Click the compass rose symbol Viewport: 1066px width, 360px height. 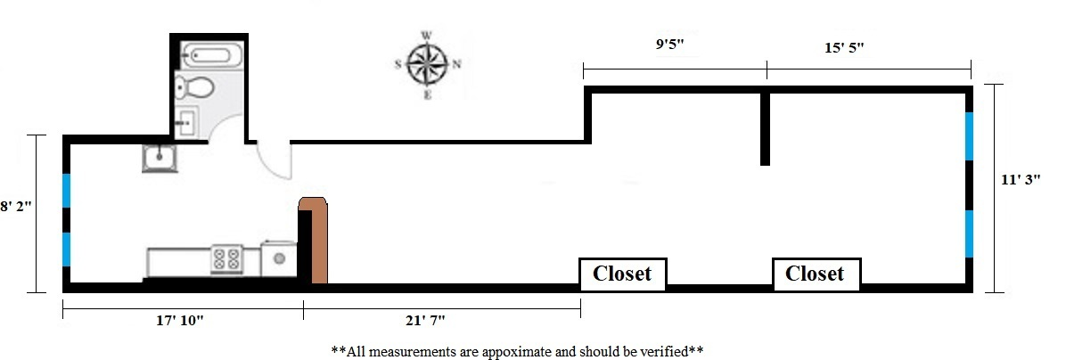coord(427,63)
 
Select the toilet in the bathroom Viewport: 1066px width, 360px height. coord(194,88)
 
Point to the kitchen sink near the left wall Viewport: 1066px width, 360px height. coord(160,159)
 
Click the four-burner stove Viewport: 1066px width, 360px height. coord(226,259)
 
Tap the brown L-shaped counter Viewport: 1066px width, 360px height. coord(316,239)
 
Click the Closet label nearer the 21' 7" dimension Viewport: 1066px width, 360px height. coord(622,274)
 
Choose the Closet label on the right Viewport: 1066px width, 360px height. coord(815,274)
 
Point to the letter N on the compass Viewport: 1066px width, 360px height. coord(456,64)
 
